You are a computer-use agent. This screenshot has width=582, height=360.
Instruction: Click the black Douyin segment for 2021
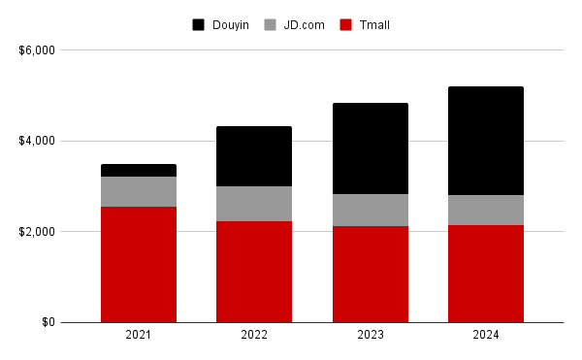click(x=139, y=171)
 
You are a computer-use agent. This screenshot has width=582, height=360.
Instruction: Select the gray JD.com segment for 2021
click(x=139, y=191)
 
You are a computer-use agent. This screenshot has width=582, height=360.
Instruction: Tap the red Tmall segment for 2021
click(x=139, y=264)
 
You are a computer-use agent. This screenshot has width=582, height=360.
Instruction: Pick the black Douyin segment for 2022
click(x=254, y=156)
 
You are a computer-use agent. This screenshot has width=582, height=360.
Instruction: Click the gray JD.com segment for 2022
click(x=254, y=204)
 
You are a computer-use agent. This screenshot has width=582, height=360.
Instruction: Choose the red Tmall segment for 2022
click(x=254, y=272)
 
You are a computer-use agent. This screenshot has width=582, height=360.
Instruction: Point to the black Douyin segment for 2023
click(x=370, y=148)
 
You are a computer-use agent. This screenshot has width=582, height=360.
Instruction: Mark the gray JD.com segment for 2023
click(x=370, y=210)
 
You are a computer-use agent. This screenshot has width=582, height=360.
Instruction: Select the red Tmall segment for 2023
click(x=370, y=274)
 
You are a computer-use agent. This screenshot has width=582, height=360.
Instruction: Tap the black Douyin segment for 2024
click(x=485, y=141)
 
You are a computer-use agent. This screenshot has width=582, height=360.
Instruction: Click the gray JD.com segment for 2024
click(x=485, y=210)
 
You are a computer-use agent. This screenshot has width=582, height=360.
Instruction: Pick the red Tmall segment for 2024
click(x=485, y=274)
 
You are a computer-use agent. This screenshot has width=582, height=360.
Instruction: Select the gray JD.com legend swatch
click(x=273, y=24)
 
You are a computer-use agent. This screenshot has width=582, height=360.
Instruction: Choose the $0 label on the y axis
click(x=47, y=322)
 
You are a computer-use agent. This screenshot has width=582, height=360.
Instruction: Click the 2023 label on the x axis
click(x=370, y=335)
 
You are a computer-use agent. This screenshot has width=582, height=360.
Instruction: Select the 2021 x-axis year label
click(x=139, y=335)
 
